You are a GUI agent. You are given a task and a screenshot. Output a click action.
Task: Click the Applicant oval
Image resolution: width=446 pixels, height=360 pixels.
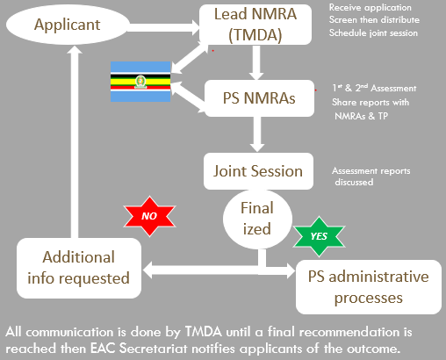click(68, 25)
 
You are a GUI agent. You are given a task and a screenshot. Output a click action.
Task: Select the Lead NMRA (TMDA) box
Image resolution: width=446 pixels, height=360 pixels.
click(255, 25)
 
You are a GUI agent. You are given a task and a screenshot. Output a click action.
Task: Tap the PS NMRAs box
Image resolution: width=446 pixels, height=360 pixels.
click(259, 98)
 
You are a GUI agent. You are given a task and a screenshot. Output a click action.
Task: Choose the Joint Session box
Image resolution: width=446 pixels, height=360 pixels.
click(258, 171)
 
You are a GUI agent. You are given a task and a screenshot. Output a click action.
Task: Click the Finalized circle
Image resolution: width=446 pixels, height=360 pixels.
click(257, 219)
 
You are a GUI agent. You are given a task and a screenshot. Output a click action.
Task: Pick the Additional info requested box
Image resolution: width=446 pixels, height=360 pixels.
click(79, 268)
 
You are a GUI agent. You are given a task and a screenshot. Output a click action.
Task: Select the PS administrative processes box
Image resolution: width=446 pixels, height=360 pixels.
click(369, 287)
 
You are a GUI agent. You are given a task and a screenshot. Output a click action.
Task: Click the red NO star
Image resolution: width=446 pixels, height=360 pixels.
click(149, 216)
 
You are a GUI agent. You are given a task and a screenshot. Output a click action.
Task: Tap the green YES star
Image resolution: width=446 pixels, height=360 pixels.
click(319, 236)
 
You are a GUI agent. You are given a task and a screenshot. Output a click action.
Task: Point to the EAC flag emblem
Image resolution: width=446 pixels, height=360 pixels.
click(140, 82)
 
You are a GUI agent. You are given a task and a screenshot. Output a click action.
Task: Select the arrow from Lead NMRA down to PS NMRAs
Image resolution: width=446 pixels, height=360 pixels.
click(256, 62)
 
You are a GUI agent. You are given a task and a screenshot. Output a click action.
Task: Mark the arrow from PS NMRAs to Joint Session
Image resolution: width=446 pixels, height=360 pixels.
click(257, 134)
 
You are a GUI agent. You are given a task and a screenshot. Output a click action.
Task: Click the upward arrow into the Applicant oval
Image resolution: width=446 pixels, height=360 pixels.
click(75, 141)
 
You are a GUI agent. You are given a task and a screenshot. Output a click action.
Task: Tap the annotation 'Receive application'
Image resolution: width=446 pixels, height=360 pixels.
click(370, 8)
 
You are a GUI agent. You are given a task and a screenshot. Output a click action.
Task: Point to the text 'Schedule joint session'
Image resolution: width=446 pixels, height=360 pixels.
click(373, 32)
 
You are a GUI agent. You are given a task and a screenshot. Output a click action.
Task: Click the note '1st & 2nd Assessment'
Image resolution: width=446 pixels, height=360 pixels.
click(374, 88)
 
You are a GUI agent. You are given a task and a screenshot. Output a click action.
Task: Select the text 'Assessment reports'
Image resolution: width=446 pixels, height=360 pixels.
click(371, 171)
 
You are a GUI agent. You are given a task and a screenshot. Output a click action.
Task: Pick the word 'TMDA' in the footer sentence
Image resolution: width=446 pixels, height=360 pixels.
click(204, 332)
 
